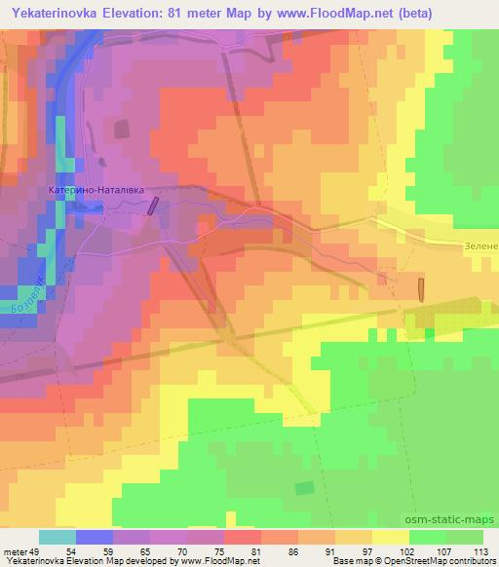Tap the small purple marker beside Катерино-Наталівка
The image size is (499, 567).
click(x=152, y=205)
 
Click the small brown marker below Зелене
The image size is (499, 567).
click(x=422, y=288)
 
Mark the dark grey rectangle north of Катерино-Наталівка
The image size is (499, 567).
click(x=122, y=130)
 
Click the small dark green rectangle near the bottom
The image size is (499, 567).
click(x=305, y=487)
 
